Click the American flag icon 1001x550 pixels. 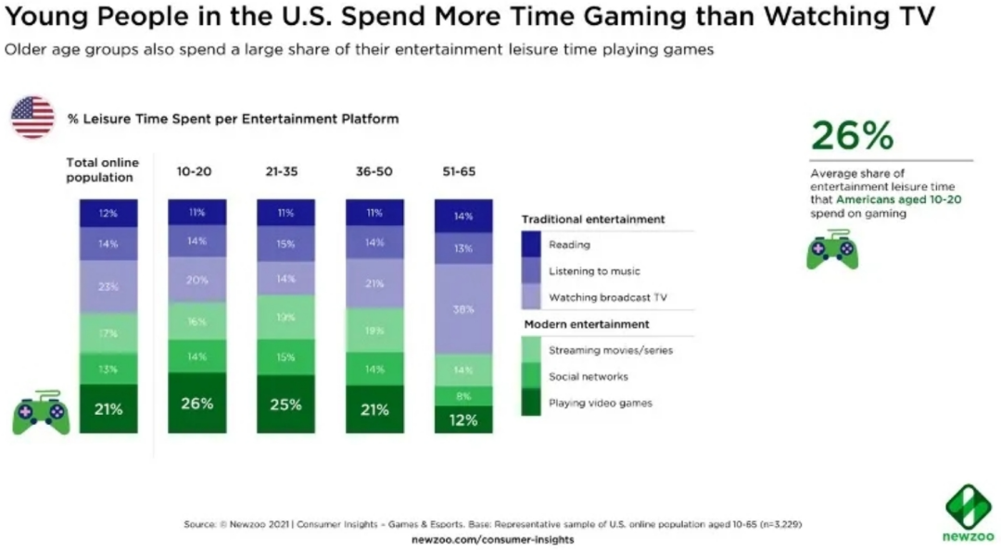click(x=32, y=118)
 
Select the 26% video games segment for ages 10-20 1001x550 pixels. click(x=196, y=404)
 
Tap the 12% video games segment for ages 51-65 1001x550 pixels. click(x=463, y=420)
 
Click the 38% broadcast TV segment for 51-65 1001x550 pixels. click(x=463, y=309)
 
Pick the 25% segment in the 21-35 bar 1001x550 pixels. click(x=285, y=405)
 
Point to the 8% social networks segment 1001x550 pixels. click(x=463, y=395)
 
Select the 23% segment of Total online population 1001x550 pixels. click(x=108, y=287)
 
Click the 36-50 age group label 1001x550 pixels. click(x=374, y=171)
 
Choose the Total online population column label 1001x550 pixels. click(x=102, y=169)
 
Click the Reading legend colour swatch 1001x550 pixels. click(x=530, y=245)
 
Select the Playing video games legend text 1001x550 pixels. click(x=601, y=403)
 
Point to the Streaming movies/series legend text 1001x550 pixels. click(x=610, y=350)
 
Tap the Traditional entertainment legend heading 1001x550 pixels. click(x=593, y=219)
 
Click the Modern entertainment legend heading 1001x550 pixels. click(x=587, y=324)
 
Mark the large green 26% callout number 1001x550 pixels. click(x=852, y=136)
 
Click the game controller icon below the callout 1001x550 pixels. click(x=832, y=251)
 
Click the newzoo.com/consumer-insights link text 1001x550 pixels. click(x=492, y=539)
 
